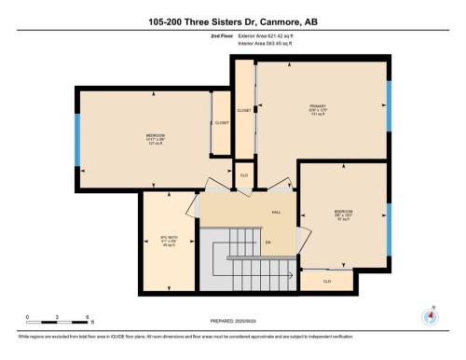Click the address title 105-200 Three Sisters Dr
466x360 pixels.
click(232, 21)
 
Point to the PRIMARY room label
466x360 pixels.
click(318, 108)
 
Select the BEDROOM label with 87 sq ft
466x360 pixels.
click(343, 214)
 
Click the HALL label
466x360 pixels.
click(276, 213)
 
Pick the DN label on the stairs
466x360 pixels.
click(267, 243)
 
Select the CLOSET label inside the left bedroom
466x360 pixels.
click(222, 122)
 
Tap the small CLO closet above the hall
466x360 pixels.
click(243, 174)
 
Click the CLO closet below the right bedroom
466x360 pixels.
click(327, 280)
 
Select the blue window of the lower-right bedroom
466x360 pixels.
click(389, 222)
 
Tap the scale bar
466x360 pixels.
click(57, 323)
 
